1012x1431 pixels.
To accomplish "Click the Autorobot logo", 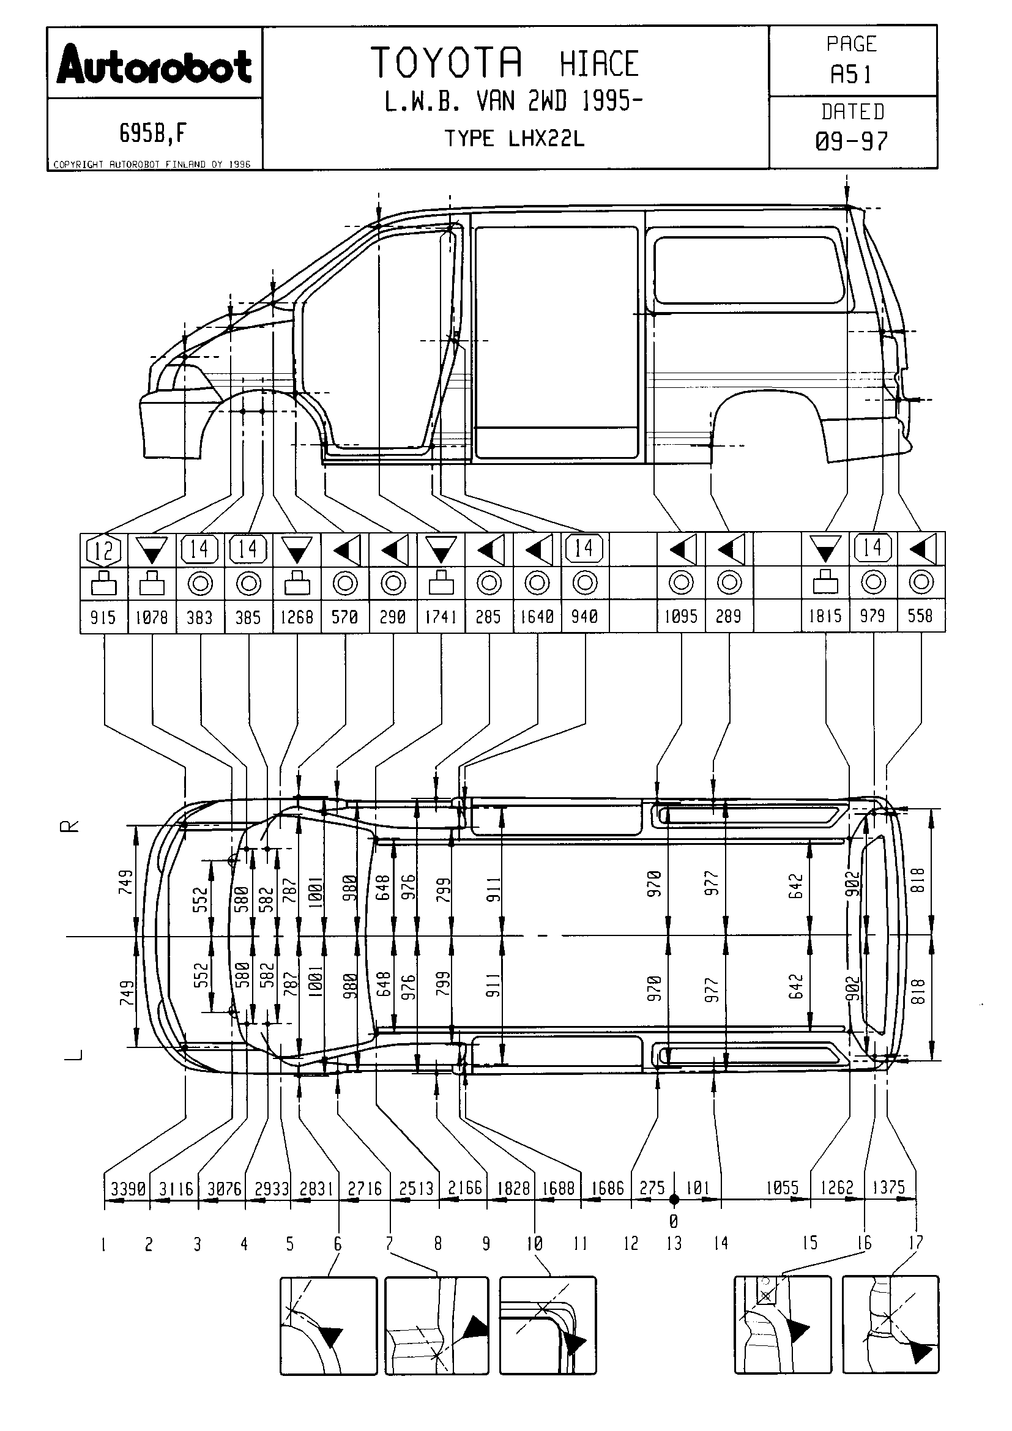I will click(154, 65).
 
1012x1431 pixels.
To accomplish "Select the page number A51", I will click(851, 75).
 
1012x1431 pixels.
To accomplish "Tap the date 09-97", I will click(851, 141).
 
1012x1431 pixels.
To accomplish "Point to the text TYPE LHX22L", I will click(515, 138).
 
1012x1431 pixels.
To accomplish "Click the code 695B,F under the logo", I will click(154, 133).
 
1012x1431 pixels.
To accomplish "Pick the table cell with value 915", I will click(103, 617).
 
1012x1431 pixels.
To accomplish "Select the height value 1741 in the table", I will click(441, 617).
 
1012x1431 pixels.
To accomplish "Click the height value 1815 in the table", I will click(825, 617).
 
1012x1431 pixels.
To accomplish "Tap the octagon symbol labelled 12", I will click(103, 549).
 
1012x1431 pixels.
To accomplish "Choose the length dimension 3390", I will click(128, 1189).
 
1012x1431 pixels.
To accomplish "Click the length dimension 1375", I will click(888, 1188).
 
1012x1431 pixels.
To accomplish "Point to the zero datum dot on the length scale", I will click(674, 1199).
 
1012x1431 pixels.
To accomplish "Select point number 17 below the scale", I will click(915, 1243).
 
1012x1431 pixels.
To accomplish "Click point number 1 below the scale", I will click(103, 1244).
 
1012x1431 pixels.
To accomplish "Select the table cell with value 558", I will click(920, 617).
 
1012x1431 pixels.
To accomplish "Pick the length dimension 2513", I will click(415, 1189).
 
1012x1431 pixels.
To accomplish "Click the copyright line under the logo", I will click(152, 165).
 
